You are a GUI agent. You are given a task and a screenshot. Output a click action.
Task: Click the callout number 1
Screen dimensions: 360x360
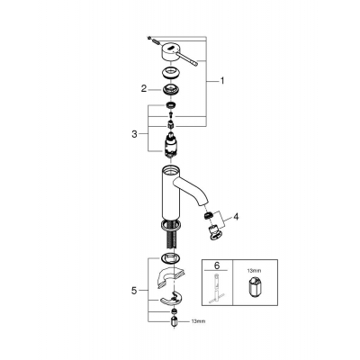(x=222, y=81)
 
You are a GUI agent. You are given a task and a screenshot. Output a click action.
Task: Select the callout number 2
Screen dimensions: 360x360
(x=144, y=88)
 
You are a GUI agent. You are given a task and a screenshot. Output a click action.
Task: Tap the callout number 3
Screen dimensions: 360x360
(x=134, y=134)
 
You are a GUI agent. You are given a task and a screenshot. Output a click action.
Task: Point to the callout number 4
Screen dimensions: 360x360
(x=236, y=216)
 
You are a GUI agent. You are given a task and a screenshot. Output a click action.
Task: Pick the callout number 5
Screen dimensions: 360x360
(x=134, y=291)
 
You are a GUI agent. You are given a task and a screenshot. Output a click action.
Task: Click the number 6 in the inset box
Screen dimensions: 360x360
(x=217, y=265)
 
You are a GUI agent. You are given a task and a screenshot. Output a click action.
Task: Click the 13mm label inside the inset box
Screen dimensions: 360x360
(x=254, y=271)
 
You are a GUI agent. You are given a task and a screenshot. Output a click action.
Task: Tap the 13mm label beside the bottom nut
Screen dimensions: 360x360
(x=198, y=321)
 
